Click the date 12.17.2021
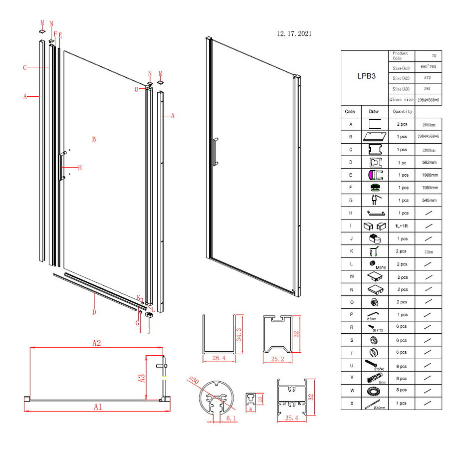pyautogui.click(x=294, y=34)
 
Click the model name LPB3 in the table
pyautogui.click(x=364, y=77)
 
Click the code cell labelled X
pyautogui.click(x=352, y=403)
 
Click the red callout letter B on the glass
pyautogui.click(x=93, y=139)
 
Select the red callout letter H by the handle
pyautogui.click(x=79, y=168)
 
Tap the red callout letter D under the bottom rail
pyautogui.click(x=94, y=312)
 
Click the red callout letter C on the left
pyautogui.click(x=24, y=67)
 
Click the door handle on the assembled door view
pyautogui.click(x=215, y=152)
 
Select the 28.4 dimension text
pyautogui.click(x=215, y=358)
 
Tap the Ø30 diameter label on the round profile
pyautogui.click(x=194, y=382)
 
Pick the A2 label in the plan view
pyautogui.click(x=97, y=343)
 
